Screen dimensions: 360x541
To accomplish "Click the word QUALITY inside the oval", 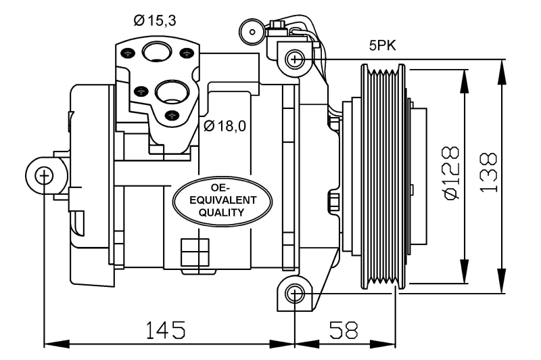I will tap(222, 212).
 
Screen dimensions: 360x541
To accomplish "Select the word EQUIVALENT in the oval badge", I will tap(222, 201).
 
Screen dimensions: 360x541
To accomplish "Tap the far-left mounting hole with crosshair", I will tap(44, 177).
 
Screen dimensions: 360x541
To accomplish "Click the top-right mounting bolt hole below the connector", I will tap(294, 59).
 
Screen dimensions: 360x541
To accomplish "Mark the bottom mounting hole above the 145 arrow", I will tap(294, 294).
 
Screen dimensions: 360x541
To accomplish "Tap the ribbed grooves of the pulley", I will tap(383, 176).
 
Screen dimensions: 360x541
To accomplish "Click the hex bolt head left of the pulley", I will tap(333, 202).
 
